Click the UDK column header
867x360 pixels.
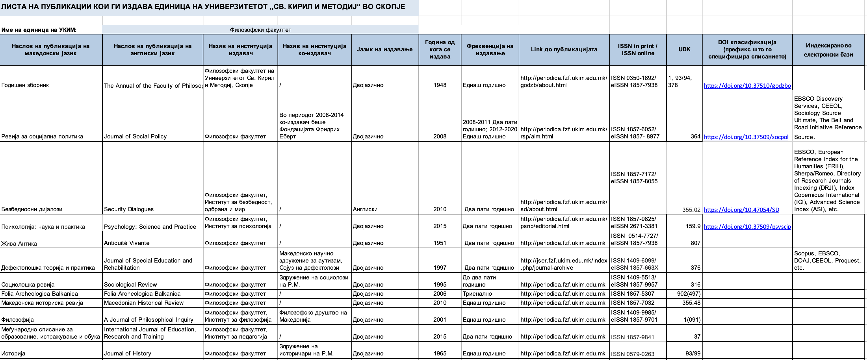pos(684,49)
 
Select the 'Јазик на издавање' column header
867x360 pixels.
pos(384,49)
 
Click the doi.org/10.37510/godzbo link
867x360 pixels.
pos(747,85)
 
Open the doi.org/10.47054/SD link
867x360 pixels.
pos(741,210)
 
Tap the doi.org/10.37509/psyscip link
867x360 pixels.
pos(747,226)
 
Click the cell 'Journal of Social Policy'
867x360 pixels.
pos(135,136)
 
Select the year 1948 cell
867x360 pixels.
pos(440,85)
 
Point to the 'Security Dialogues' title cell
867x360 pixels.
pos(129,209)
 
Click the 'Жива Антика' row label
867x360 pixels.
pos(19,243)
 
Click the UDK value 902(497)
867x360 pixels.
pos(689,294)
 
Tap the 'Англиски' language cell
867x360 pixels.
pos(365,209)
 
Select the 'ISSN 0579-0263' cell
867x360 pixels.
pos(632,354)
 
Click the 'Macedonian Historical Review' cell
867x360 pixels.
pos(144,303)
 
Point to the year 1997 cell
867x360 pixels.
pos(440,267)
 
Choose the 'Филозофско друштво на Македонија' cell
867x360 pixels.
pos(313,316)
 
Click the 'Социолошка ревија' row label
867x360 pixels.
pos(28,284)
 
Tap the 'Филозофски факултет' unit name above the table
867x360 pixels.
pos(260,30)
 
